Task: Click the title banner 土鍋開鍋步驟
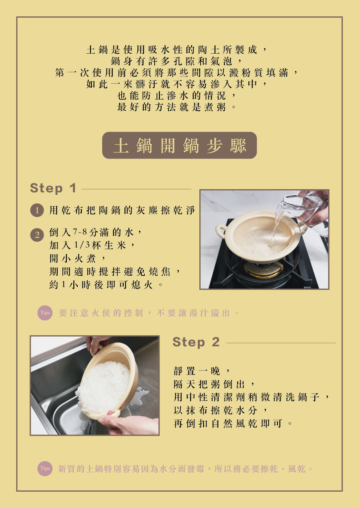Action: pyautogui.click(x=179, y=145)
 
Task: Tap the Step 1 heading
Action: pyautogui.click(x=53, y=188)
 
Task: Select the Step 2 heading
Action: pyautogui.click(x=196, y=342)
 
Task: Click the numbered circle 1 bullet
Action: pyautogui.click(x=37, y=210)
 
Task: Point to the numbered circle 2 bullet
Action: pyautogui.click(x=37, y=235)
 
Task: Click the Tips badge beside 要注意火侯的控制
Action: pyautogui.click(x=45, y=313)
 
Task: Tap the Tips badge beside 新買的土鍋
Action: pyautogui.click(x=45, y=468)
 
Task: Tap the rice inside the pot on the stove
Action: pyautogui.click(x=264, y=242)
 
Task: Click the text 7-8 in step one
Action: pyautogui.click(x=80, y=232)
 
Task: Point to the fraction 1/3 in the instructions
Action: pyautogui.click(x=82, y=245)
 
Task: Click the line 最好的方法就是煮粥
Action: pyautogui.click(x=177, y=107)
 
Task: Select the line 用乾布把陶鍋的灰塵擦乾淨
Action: pyautogui.click(x=122, y=210)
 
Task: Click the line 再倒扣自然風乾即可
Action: pyautogui.click(x=233, y=423)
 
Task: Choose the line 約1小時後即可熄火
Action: pyautogui.click(x=106, y=285)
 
